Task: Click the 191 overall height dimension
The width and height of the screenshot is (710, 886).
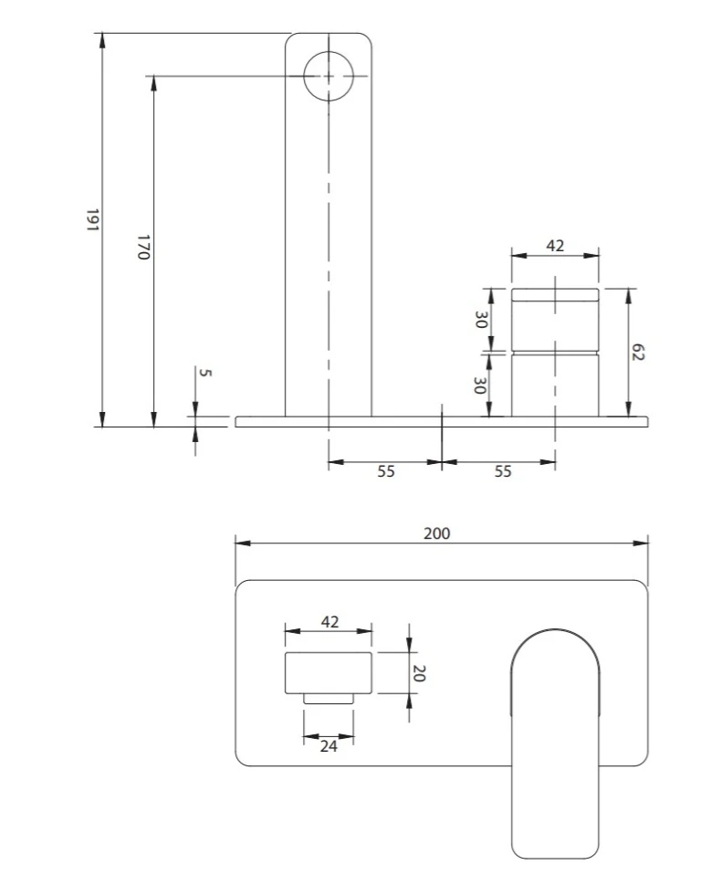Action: coord(92,220)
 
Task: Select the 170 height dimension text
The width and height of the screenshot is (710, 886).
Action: coord(143,247)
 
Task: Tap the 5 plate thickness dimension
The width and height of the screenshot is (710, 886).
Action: coord(205,373)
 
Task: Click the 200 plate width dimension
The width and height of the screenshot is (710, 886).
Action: coord(437,533)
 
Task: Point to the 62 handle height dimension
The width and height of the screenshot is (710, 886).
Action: coord(638,352)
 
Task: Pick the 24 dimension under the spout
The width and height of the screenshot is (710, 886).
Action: coord(329,746)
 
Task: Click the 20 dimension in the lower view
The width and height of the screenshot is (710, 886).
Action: coord(419,673)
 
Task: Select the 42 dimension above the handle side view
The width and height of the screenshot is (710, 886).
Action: coord(555,246)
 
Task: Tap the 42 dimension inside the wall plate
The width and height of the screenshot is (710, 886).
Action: coord(329,622)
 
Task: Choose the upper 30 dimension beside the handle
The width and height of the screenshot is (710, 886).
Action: coord(481,320)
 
